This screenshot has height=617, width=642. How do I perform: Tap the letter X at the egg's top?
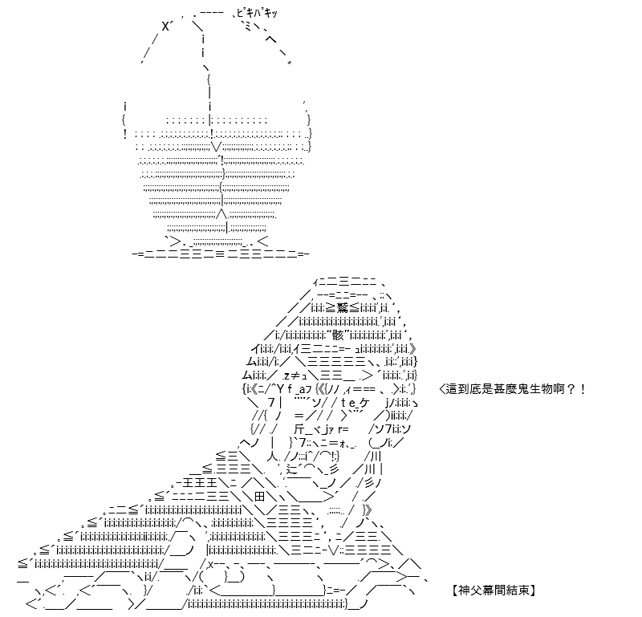point(165,27)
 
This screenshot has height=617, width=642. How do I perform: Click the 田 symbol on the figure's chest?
point(259,497)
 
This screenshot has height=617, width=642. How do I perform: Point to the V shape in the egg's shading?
point(217,147)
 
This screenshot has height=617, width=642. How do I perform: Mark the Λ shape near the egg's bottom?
point(221,213)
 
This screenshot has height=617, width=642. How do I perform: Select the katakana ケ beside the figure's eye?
point(364,403)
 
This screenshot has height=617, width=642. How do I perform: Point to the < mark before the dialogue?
point(442,389)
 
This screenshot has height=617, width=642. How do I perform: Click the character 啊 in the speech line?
point(558,388)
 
